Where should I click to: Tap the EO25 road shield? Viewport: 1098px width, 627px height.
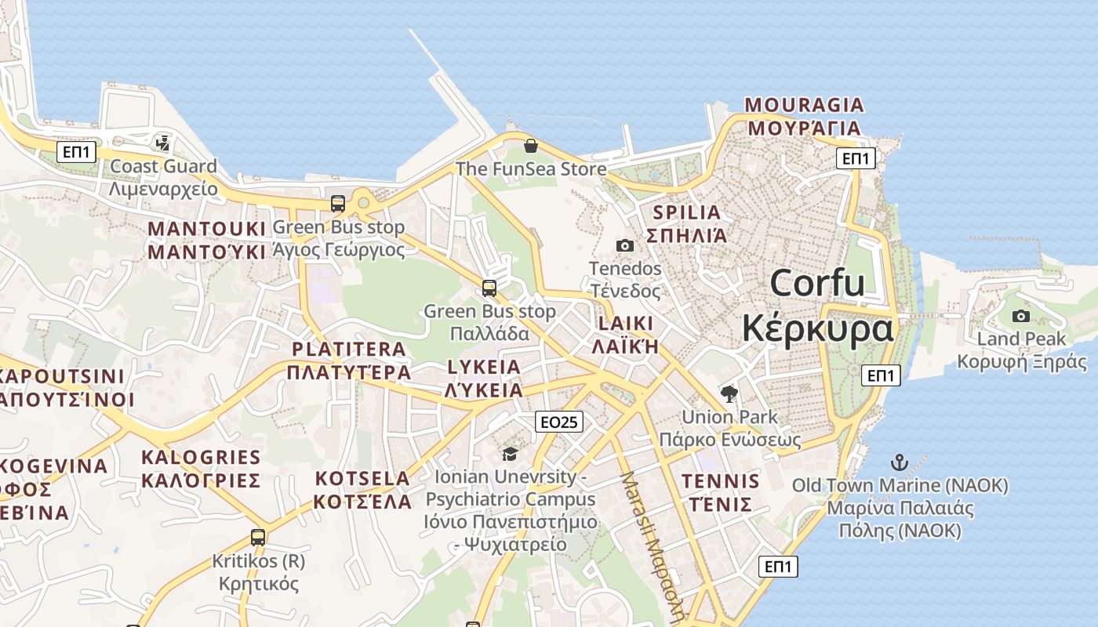pos(560,422)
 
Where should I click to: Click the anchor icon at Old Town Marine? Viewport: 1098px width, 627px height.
pos(900,462)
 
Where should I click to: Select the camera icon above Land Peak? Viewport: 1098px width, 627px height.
pos(1020,316)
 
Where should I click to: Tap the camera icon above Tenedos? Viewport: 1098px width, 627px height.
pos(625,245)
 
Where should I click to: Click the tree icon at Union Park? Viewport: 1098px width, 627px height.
pos(729,393)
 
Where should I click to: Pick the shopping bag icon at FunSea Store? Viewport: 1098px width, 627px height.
pos(531,146)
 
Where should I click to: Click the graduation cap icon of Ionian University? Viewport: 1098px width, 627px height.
pos(510,454)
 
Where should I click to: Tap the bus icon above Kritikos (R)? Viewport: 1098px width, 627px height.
pos(258,538)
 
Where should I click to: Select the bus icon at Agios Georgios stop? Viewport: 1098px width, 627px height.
pos(338,204)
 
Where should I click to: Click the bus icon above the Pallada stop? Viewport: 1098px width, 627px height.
pos(489,288)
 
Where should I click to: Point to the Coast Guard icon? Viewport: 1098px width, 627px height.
pos(162,143)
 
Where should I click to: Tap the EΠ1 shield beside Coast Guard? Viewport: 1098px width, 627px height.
pos(77,152)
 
